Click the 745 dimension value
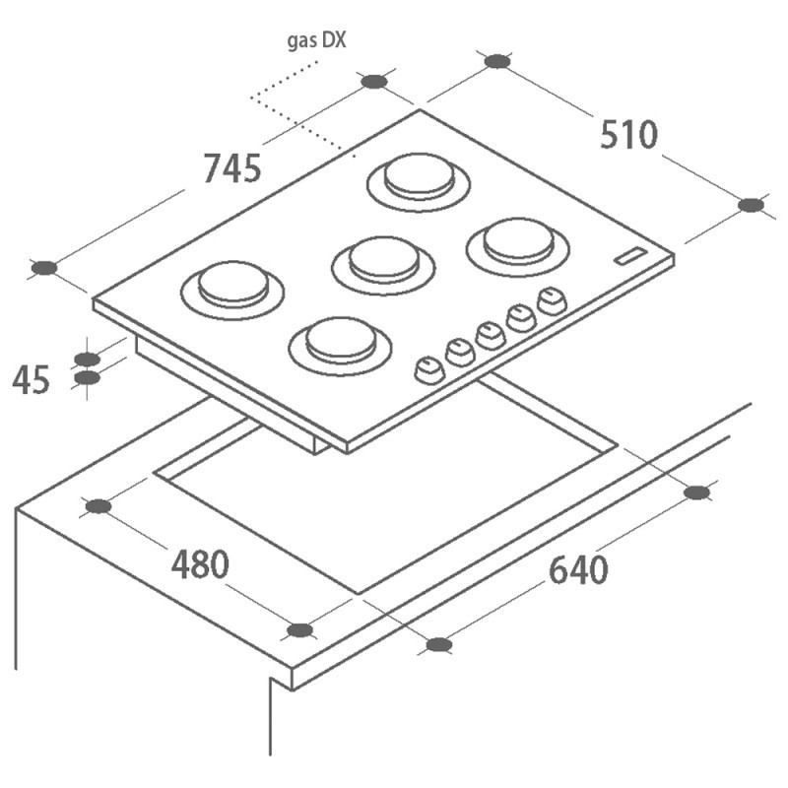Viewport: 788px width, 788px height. point(232,167)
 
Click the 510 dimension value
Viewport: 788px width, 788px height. point(628,135)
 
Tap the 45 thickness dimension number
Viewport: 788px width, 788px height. point(32,379)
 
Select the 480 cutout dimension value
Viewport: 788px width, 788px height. point(200,563)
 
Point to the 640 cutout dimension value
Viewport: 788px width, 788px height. point(578,570)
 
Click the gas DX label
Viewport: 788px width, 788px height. point(316,40)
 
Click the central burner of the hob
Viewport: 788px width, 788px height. point(383,265)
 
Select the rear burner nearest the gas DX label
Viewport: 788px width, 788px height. point(419,182)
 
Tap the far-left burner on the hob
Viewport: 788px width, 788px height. point(232,291)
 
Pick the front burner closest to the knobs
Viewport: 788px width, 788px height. point(340,346)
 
